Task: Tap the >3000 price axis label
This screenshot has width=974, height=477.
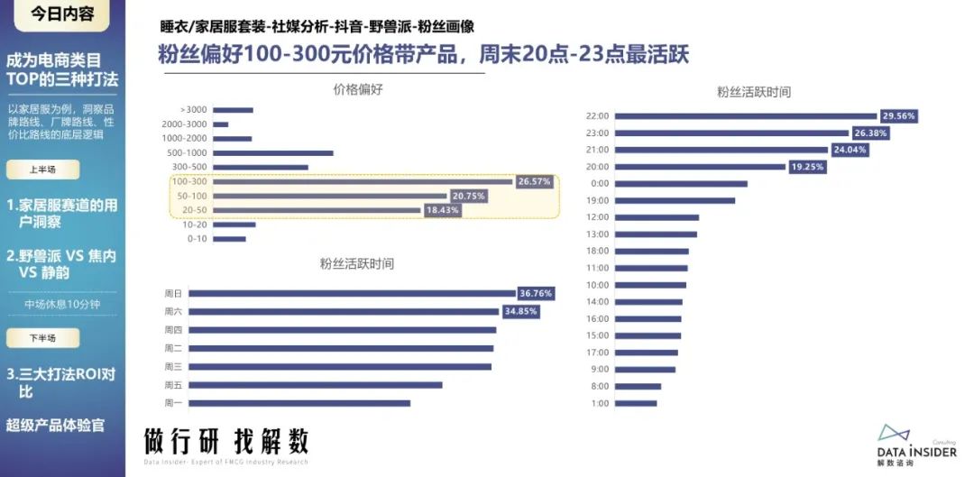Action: pos(194,110)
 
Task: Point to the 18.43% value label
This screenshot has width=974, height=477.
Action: pos(442,210)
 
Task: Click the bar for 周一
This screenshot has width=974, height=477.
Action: pos(299,403)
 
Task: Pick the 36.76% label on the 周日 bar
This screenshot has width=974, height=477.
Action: pos(536,293)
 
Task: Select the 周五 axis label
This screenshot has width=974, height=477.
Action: pos(173,385)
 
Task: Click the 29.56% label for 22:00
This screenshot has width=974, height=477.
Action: pos(899,116)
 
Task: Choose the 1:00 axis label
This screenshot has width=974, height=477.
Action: pos(601,403)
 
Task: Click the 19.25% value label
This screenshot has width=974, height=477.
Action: pos(807,167)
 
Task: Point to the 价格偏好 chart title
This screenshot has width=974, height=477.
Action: pos(358,88)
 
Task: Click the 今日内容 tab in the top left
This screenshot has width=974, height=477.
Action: pos(60,14)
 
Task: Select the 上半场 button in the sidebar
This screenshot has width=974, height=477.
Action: pos(42,170)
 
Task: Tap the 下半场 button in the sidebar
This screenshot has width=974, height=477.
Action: pos(42,338)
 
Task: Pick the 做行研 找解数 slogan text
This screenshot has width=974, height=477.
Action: pos(226,442)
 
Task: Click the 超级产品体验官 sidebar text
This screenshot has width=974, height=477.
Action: pos(55,425)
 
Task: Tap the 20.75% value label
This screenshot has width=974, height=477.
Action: pos(468,196)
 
